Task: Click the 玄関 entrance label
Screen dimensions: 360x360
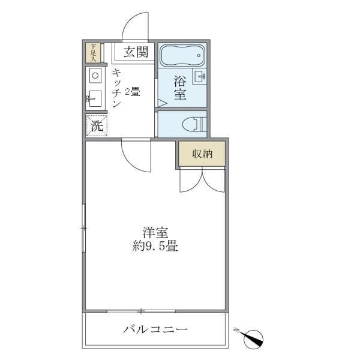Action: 136,52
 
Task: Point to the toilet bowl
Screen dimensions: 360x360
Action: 193,124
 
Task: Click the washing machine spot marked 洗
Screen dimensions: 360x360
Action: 96,125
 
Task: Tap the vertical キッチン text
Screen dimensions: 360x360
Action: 116,88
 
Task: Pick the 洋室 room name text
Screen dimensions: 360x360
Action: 155,232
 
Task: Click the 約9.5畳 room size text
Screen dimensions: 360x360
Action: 155,246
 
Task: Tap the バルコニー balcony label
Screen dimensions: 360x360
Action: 155,329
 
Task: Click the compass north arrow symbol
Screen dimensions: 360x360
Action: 254,338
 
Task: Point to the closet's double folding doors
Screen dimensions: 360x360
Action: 202,178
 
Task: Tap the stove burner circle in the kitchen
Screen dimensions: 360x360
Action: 95,76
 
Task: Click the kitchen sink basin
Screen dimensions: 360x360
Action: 95,98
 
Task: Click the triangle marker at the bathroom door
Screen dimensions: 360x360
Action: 160,103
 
